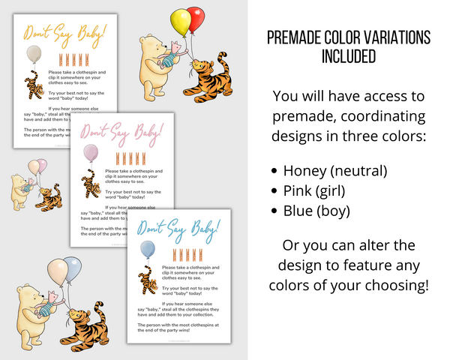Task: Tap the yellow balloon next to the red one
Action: [x=179, y=22]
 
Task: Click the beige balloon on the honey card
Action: [x=34, y=53]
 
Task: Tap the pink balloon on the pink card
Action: [x=89, y=154]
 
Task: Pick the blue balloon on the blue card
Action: [x=148, y=250]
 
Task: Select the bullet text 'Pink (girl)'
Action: [x=323, y=190]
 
